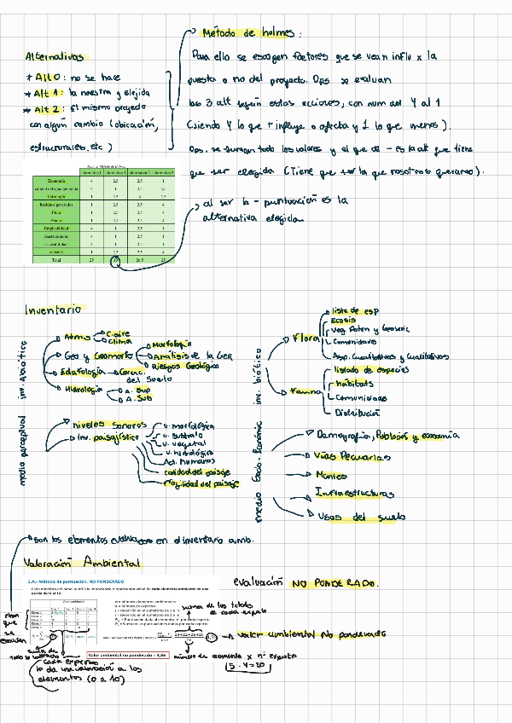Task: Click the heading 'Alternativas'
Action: point(55,57)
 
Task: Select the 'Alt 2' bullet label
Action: point(50,109)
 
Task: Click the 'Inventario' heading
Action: point(53,311)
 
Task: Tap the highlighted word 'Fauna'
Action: point(305,391)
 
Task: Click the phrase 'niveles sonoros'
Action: point(109,424)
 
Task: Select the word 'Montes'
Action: point(331,475)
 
